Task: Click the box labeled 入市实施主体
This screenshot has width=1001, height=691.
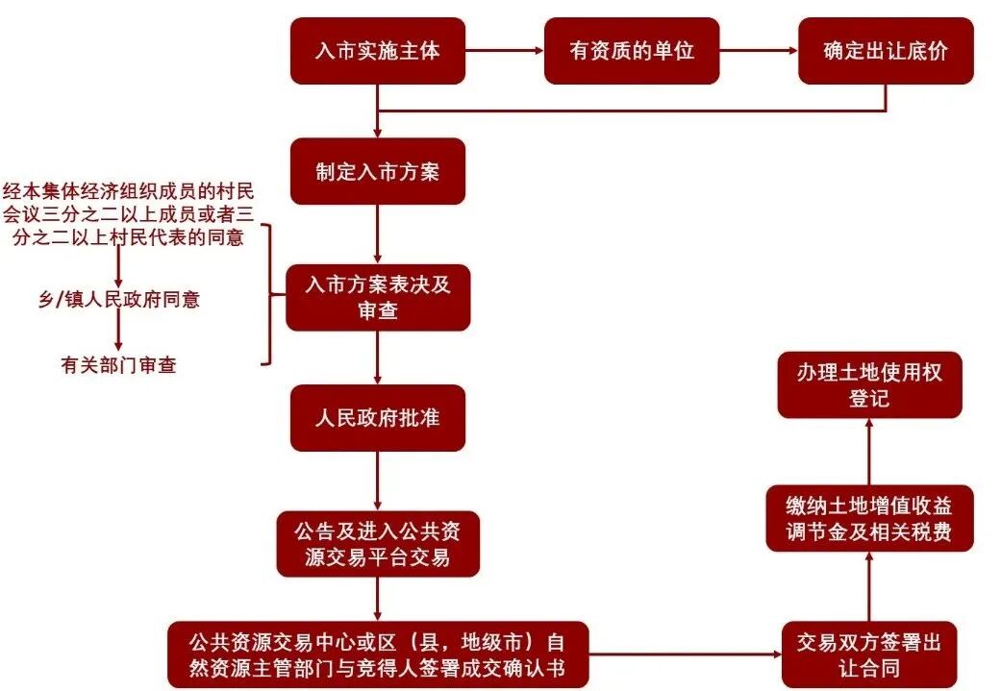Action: [378, 51]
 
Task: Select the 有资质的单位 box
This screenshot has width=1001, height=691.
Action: [632, 51]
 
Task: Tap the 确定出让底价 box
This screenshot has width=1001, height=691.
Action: [886, 51]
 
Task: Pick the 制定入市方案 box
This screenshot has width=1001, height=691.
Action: [378, 171]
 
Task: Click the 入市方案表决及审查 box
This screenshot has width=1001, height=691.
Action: [378, 298]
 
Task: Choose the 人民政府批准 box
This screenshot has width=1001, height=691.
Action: [378, 418]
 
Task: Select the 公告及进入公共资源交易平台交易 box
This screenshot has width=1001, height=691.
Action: [378, 544]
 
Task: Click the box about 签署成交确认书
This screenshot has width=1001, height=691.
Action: [377, 654]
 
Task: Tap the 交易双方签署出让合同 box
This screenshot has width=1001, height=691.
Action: [868, 654]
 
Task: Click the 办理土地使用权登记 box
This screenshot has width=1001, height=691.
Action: [869, 384]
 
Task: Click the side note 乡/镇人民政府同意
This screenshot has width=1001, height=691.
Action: [119, 299]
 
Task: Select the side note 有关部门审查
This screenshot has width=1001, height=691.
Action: [119, 365]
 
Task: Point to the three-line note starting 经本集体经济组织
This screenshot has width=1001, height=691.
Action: [129, 212]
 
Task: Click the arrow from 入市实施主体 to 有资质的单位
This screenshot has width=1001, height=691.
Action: [505, 50]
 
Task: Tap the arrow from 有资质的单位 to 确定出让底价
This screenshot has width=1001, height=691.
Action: [759, 50]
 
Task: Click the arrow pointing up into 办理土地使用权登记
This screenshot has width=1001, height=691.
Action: [869, 452]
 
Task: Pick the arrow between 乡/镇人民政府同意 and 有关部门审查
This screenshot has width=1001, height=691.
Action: [119, 332]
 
